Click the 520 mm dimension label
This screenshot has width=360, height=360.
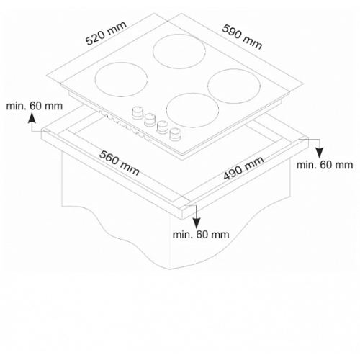(106, 33)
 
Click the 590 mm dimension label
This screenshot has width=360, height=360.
(242, 37)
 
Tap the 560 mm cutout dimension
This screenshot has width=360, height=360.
(120, 163)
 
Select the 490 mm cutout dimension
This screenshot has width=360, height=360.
(243, 168)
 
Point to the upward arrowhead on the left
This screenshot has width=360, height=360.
(32, 118)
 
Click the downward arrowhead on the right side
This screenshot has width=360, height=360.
(320, 153)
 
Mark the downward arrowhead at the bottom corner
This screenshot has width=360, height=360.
(197, 223)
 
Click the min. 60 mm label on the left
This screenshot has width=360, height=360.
(35, 106)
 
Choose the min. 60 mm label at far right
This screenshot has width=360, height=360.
(325, 165)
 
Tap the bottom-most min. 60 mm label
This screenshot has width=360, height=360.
(201, 234)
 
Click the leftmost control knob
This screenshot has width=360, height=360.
(138, 112)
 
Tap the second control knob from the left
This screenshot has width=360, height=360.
(150, 120)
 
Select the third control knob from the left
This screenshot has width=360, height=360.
(163, 127)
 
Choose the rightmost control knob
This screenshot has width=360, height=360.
(175, 134)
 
